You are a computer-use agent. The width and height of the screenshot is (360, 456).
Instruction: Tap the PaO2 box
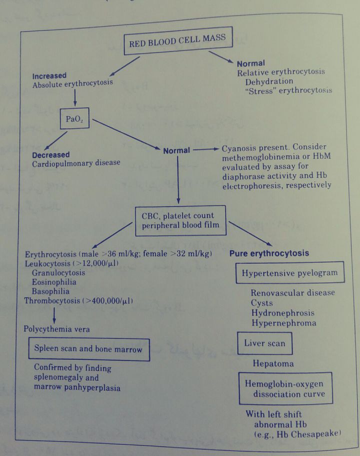(74, 119)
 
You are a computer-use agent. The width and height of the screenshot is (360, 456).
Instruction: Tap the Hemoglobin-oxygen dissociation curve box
(285, 388)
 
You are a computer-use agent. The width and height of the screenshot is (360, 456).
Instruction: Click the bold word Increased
(49, 76)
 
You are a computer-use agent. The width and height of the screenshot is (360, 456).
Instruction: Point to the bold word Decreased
(51, 154)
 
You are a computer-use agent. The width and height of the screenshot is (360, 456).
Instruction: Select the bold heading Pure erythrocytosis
(269, 253)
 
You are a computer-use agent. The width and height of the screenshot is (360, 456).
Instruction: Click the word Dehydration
(269, 81)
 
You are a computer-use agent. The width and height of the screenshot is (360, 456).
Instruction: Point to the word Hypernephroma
(283, 323)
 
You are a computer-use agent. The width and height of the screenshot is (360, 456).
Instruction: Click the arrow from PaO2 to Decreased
(56, 139)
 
